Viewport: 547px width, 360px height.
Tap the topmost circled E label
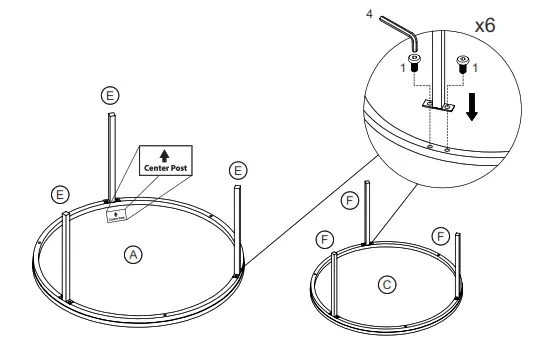click(111, 95)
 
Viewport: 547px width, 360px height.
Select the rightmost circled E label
click(237, 171)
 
